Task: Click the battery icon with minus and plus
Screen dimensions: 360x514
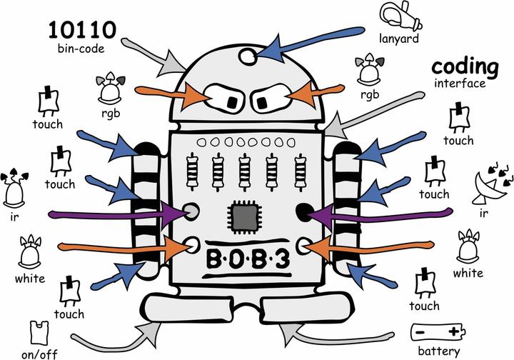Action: [438, 332]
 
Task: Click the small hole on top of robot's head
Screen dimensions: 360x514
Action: [246, 55]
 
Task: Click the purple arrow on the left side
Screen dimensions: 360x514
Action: [114, 212]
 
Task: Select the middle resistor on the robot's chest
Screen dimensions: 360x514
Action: [246, 171]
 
